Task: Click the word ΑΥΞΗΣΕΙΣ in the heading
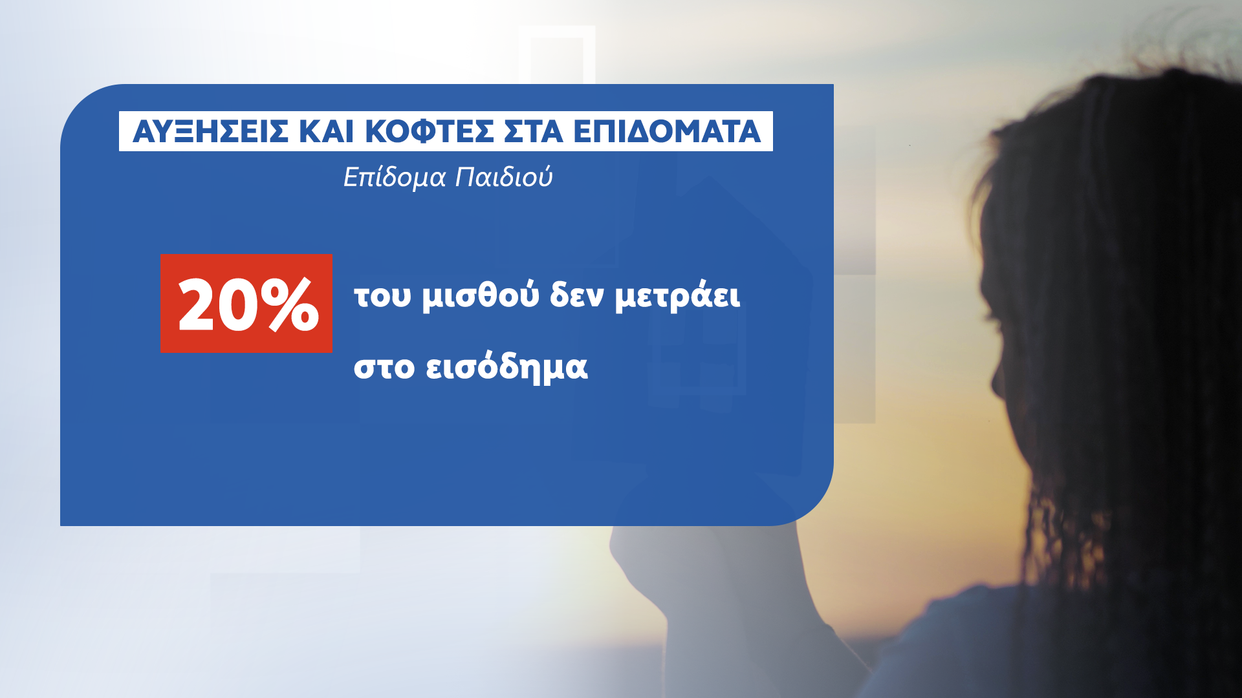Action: [210, 132]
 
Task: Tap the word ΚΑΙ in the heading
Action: [326, 132]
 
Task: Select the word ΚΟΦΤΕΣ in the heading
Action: [430, 132]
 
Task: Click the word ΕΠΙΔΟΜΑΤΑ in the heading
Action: [667, 132]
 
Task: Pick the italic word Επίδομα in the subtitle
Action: [395, 177]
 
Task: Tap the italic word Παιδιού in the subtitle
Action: [504, 177]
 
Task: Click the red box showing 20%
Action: [246, 303]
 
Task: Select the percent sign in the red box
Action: [289, 305]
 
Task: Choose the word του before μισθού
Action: [382, 297]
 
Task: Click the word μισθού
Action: [481, 297]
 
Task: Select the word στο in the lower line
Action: [384, 367]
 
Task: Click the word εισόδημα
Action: [507, 366]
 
